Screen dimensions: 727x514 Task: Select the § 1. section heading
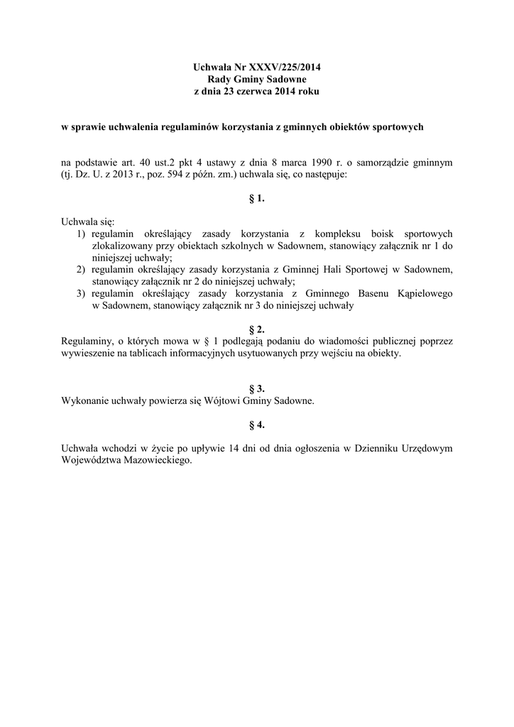[257, 199]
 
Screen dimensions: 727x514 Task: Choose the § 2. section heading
[257, 329]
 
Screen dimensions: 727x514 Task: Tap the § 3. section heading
[257, 388]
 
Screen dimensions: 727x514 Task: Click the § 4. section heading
[257, 425]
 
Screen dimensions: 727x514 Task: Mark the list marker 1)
[80, 234]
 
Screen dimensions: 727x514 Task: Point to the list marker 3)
[80, 295]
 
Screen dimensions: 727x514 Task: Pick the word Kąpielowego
[420, 295]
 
